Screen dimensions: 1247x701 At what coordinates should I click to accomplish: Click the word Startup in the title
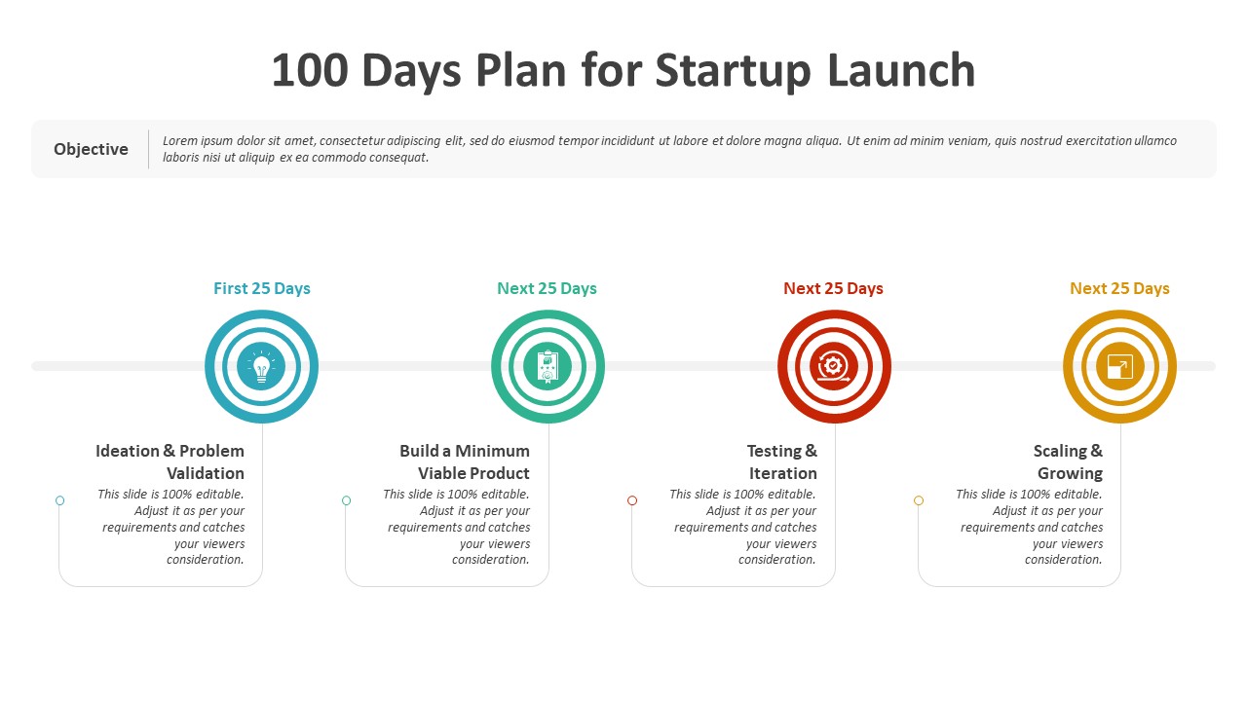point(733,71)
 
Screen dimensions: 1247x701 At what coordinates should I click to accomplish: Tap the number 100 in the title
point(310,70)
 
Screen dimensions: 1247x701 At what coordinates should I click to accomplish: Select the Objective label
point(91,149)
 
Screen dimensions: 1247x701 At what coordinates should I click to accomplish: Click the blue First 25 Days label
point(262,288)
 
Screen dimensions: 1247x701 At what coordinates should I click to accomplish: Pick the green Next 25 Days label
point(547,288)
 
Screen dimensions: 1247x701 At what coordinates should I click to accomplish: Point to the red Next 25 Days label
point(833,288)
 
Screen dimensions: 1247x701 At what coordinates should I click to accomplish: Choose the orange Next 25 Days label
point(1119,288)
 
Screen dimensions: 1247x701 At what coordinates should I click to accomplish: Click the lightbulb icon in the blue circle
point(261,367)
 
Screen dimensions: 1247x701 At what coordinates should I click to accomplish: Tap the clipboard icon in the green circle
point(548,367)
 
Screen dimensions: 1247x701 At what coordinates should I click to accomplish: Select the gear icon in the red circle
point(833,367)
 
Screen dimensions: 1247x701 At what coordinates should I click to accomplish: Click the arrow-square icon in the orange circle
point(1120,367)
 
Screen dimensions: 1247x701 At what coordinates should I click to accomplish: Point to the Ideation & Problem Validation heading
point(170,461)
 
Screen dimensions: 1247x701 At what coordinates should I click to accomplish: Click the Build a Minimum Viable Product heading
point(465,461)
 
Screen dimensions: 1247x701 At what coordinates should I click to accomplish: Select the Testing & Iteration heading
point(782,461)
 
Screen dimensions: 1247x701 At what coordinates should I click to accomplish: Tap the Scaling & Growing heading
point(1069,461)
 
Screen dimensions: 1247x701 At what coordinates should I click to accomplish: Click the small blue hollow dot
point(60,500)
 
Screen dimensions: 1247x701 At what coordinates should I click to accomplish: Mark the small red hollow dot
point(632,500)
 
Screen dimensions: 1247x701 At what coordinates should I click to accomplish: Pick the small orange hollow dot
point(919,500)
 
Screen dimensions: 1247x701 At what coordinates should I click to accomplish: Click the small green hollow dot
point(346,500)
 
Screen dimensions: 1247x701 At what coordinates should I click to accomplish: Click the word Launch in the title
point(901,70)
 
